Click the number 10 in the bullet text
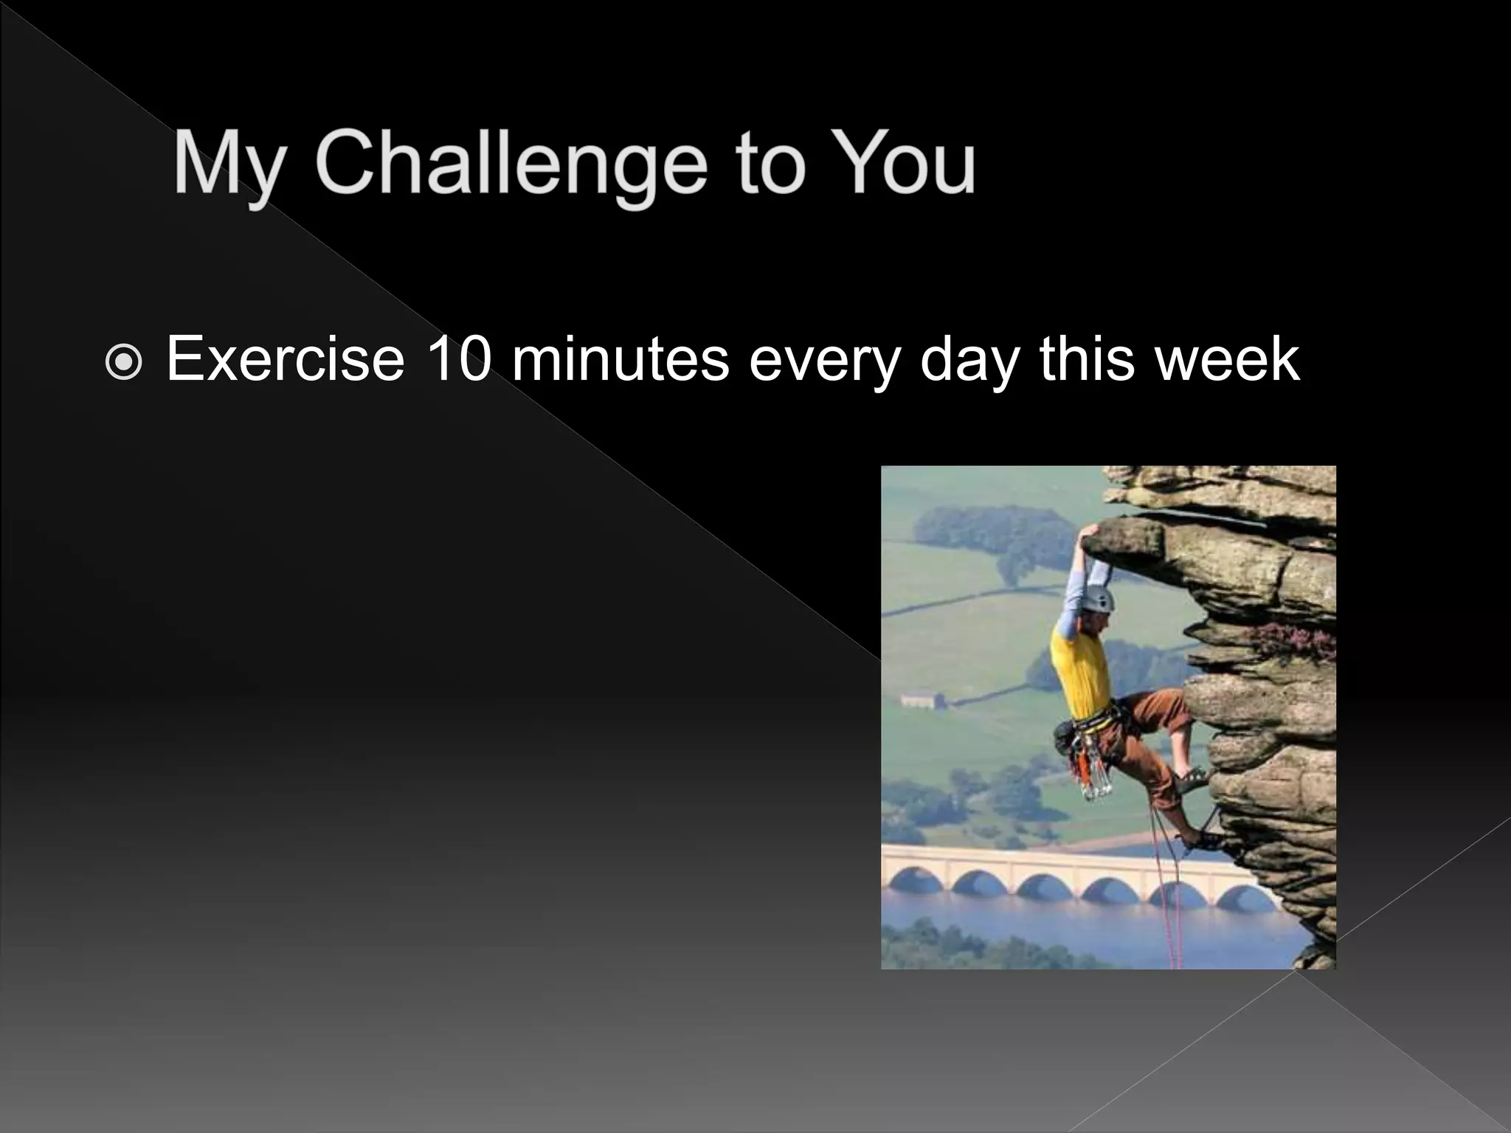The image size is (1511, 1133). pos(458,359)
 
